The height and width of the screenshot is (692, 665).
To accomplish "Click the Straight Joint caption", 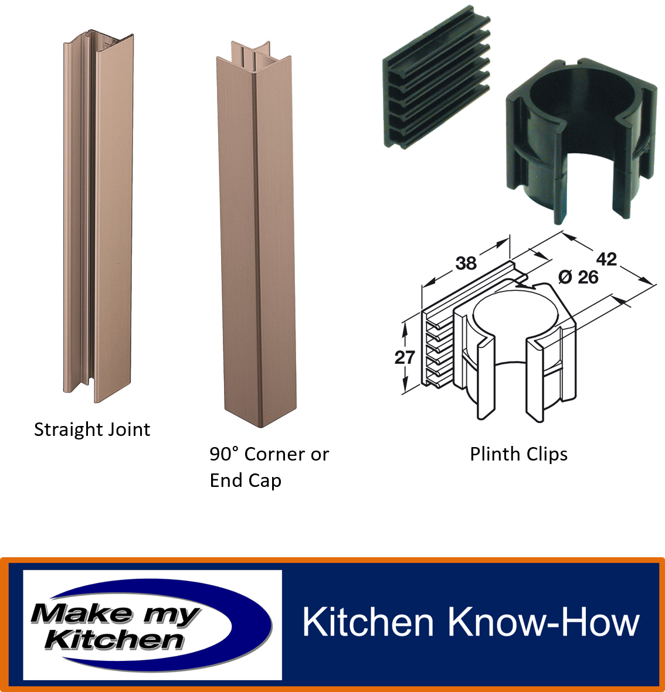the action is tap(92, 430).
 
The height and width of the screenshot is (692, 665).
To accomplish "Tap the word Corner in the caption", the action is tap(274, 454).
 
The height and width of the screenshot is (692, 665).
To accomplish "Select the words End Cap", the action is tap(246, 480).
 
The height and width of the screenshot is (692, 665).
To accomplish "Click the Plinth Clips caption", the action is tap(518, 455).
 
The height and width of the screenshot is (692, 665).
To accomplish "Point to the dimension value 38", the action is tap(466, 264).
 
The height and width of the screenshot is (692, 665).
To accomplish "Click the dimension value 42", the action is tap(606, 259).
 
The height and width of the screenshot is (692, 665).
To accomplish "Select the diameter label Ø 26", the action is tap(578, 277).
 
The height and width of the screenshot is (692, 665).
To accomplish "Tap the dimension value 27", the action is tap(405, 357).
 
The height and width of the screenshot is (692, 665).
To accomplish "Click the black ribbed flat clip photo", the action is tap(436, 77).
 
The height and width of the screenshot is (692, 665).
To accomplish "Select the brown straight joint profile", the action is tap(98, 216).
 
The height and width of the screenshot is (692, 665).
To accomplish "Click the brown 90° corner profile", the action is tap(256, 234).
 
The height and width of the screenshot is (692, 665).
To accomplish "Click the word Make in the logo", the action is tap(82, 613).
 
